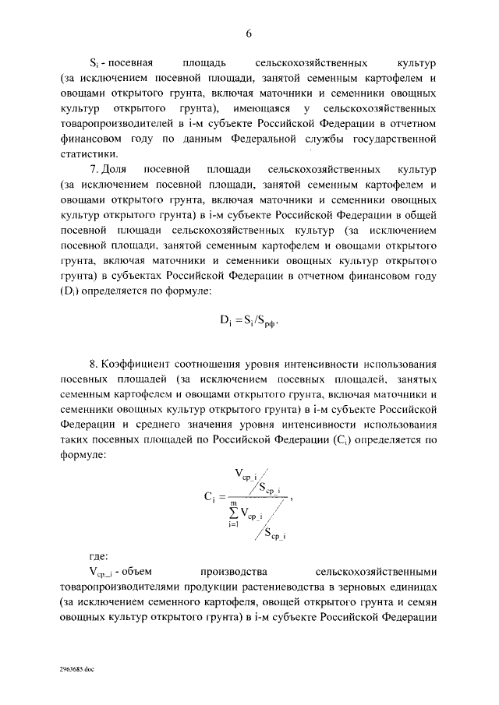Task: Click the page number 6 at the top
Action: (x=249, y=33)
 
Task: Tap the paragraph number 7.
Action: (x=94, y=169)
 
